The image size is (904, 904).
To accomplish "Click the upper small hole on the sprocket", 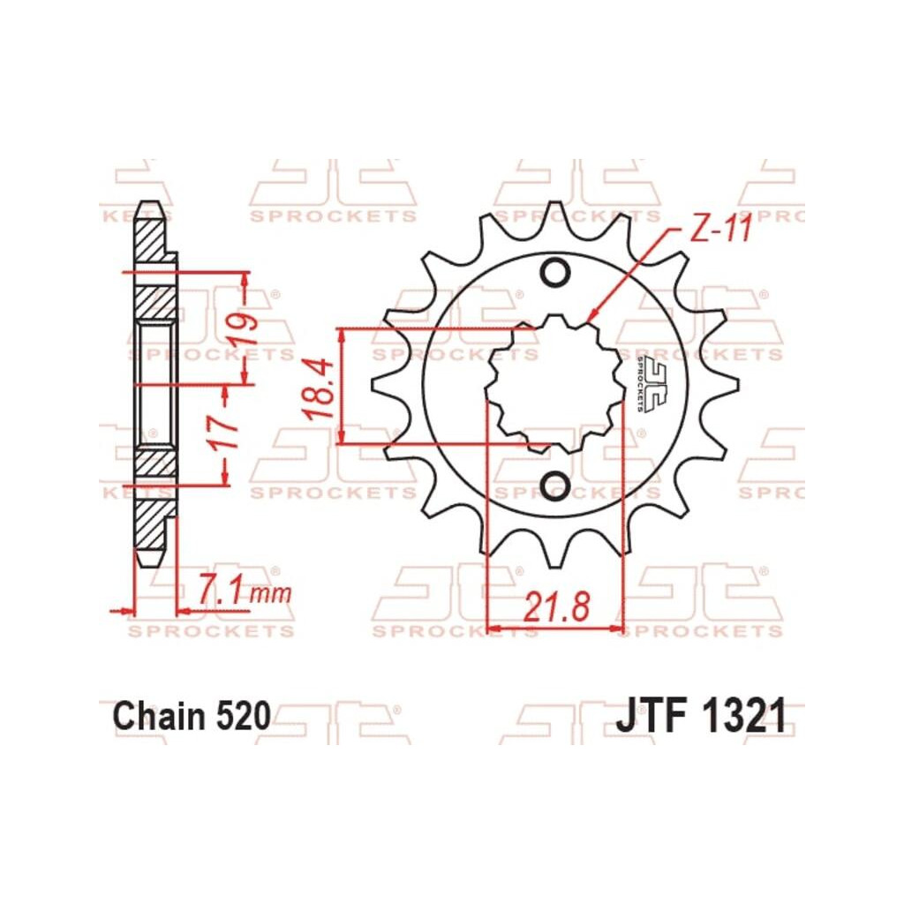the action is pos(555,272).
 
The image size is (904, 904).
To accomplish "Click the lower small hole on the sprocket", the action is pos(555,485).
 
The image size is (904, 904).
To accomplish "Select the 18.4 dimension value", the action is pos(319,389).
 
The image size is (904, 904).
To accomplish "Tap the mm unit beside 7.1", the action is pos(272,594).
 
